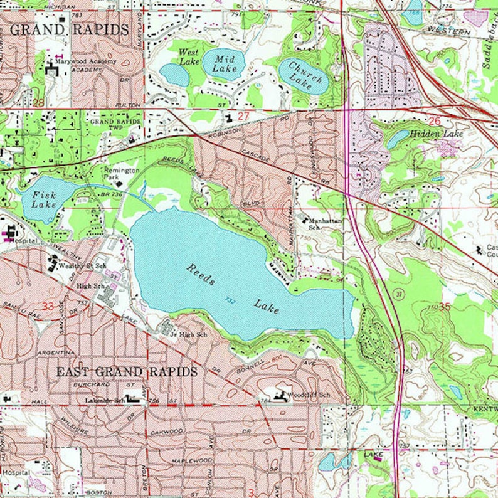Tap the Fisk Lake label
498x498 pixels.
tap(45, 200)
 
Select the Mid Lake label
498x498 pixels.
tap(224, 63)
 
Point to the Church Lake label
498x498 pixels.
tap(305, 75)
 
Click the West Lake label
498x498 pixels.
tap(188, 56)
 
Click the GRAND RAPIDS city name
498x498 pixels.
tap(70, 29)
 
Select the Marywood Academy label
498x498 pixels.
tap(85, 62)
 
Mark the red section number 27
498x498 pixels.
tap(243, 116)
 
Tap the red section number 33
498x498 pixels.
tap(48, 306)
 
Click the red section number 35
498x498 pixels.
tap(445, 307)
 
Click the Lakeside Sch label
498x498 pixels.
tap(103, 400)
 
